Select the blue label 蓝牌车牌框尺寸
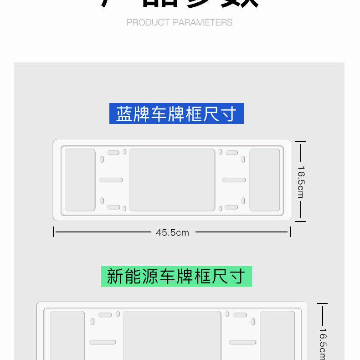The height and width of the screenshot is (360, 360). tap(176, 113)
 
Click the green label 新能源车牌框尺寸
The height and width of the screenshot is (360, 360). tap(176, 276)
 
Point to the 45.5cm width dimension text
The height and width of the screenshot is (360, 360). tap(172, 232)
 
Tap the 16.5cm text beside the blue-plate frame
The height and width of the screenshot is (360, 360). tap(300, 182)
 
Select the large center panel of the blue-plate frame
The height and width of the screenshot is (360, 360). tap(172, 180)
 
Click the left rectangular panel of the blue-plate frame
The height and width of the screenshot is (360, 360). tap(80, 180)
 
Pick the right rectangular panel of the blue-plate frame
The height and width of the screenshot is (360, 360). tap(265, 180)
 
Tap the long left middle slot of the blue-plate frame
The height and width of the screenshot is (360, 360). tap(111, 180)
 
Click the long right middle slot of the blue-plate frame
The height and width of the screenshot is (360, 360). tap(234, 180)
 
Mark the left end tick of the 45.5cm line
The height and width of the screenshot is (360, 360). tap(54, 232)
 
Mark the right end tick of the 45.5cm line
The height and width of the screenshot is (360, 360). tap(290, 232)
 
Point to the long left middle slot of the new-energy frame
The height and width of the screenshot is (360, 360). tap(103, 342)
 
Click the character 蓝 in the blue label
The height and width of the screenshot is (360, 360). tap(124, 114)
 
